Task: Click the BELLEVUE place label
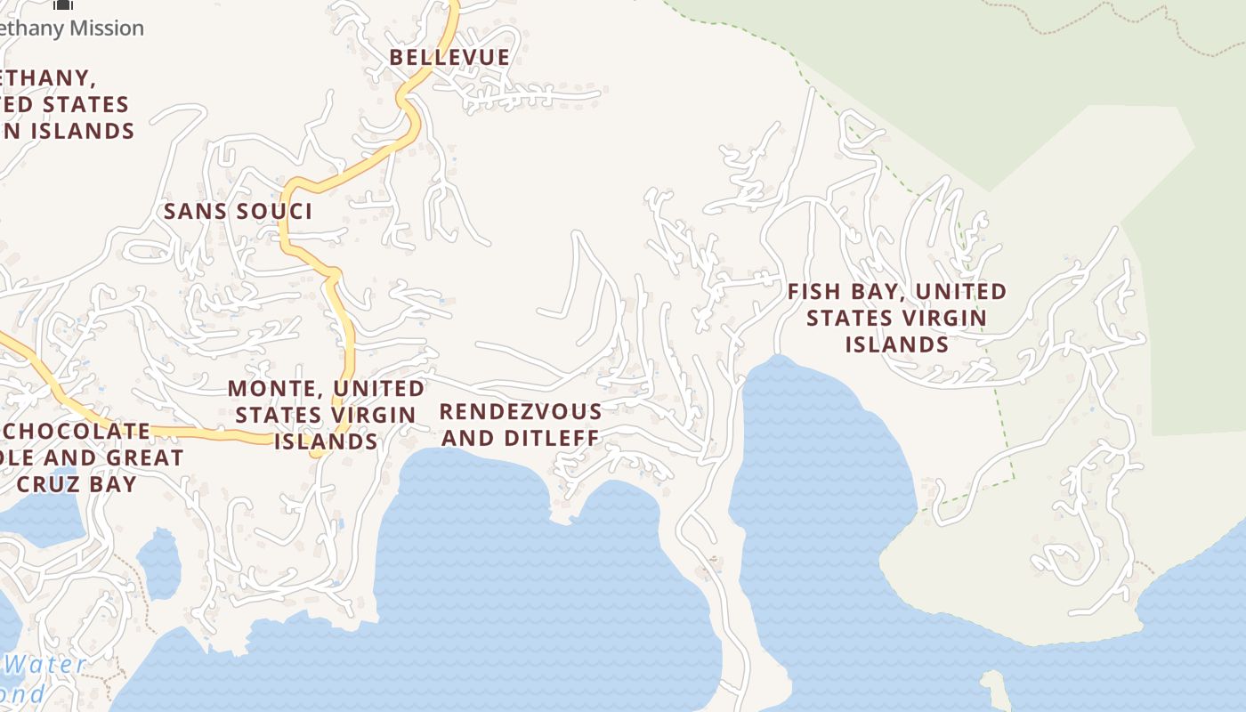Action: click(x=449, y=58)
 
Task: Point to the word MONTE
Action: click(x=263, y=389)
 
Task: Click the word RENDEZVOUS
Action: click(x=521, y=412)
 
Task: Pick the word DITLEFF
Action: click(x=553, y=438)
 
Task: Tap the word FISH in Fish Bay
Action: click(x=814, y=292)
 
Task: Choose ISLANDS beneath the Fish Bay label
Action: click(x=896, y=344)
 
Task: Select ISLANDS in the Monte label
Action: click(x=325, y=441)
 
